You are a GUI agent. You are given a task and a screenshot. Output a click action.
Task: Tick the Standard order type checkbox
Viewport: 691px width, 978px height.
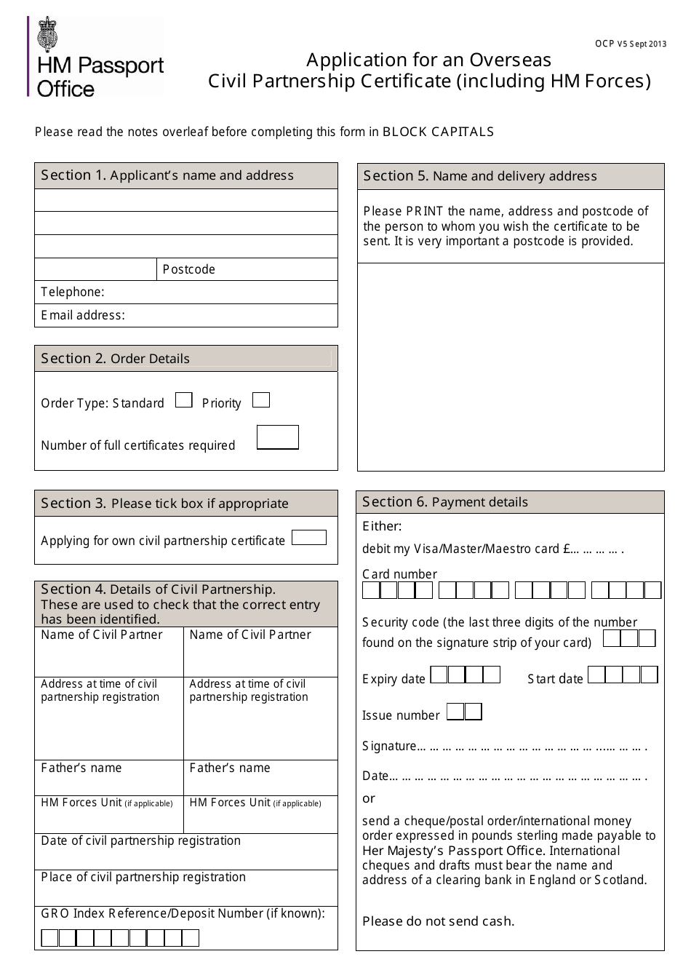(184, 400)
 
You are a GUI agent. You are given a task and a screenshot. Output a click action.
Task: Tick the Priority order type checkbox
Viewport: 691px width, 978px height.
(260, 400)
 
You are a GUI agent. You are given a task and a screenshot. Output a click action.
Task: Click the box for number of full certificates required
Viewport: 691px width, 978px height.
(278, 437)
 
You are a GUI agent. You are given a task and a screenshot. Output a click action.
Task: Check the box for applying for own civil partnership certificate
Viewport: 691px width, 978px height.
(308, 538)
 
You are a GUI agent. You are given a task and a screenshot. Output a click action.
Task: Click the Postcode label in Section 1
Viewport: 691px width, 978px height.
(189, 269)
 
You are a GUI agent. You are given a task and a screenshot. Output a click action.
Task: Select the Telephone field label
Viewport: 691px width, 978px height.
(73, 292)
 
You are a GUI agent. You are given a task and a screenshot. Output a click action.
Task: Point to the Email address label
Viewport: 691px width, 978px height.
(83, 315)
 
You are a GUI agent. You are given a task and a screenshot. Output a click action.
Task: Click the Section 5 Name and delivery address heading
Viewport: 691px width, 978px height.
(480, 176)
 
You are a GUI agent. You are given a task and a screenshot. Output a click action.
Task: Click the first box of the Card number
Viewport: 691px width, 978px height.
(371, 590)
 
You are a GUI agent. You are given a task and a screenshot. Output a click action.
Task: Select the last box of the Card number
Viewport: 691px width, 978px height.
(652, 590)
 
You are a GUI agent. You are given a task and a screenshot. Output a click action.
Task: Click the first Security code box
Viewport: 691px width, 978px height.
(612, 639)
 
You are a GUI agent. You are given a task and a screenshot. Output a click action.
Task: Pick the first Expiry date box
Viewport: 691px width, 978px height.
(439, 675)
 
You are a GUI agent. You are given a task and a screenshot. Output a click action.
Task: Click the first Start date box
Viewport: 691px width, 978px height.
(596, 675)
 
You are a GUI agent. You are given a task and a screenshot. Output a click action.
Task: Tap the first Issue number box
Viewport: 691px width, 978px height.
(455, 712)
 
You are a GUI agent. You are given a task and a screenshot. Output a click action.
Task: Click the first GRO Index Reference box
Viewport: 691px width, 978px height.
(49, 938)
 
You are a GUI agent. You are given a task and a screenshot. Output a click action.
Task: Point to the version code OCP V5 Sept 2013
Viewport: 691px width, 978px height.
(631, 44)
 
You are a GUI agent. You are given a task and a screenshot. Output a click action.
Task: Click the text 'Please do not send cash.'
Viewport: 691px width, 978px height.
(438, 921)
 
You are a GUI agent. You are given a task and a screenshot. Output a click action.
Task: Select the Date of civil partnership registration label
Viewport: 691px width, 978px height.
(140, 841)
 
